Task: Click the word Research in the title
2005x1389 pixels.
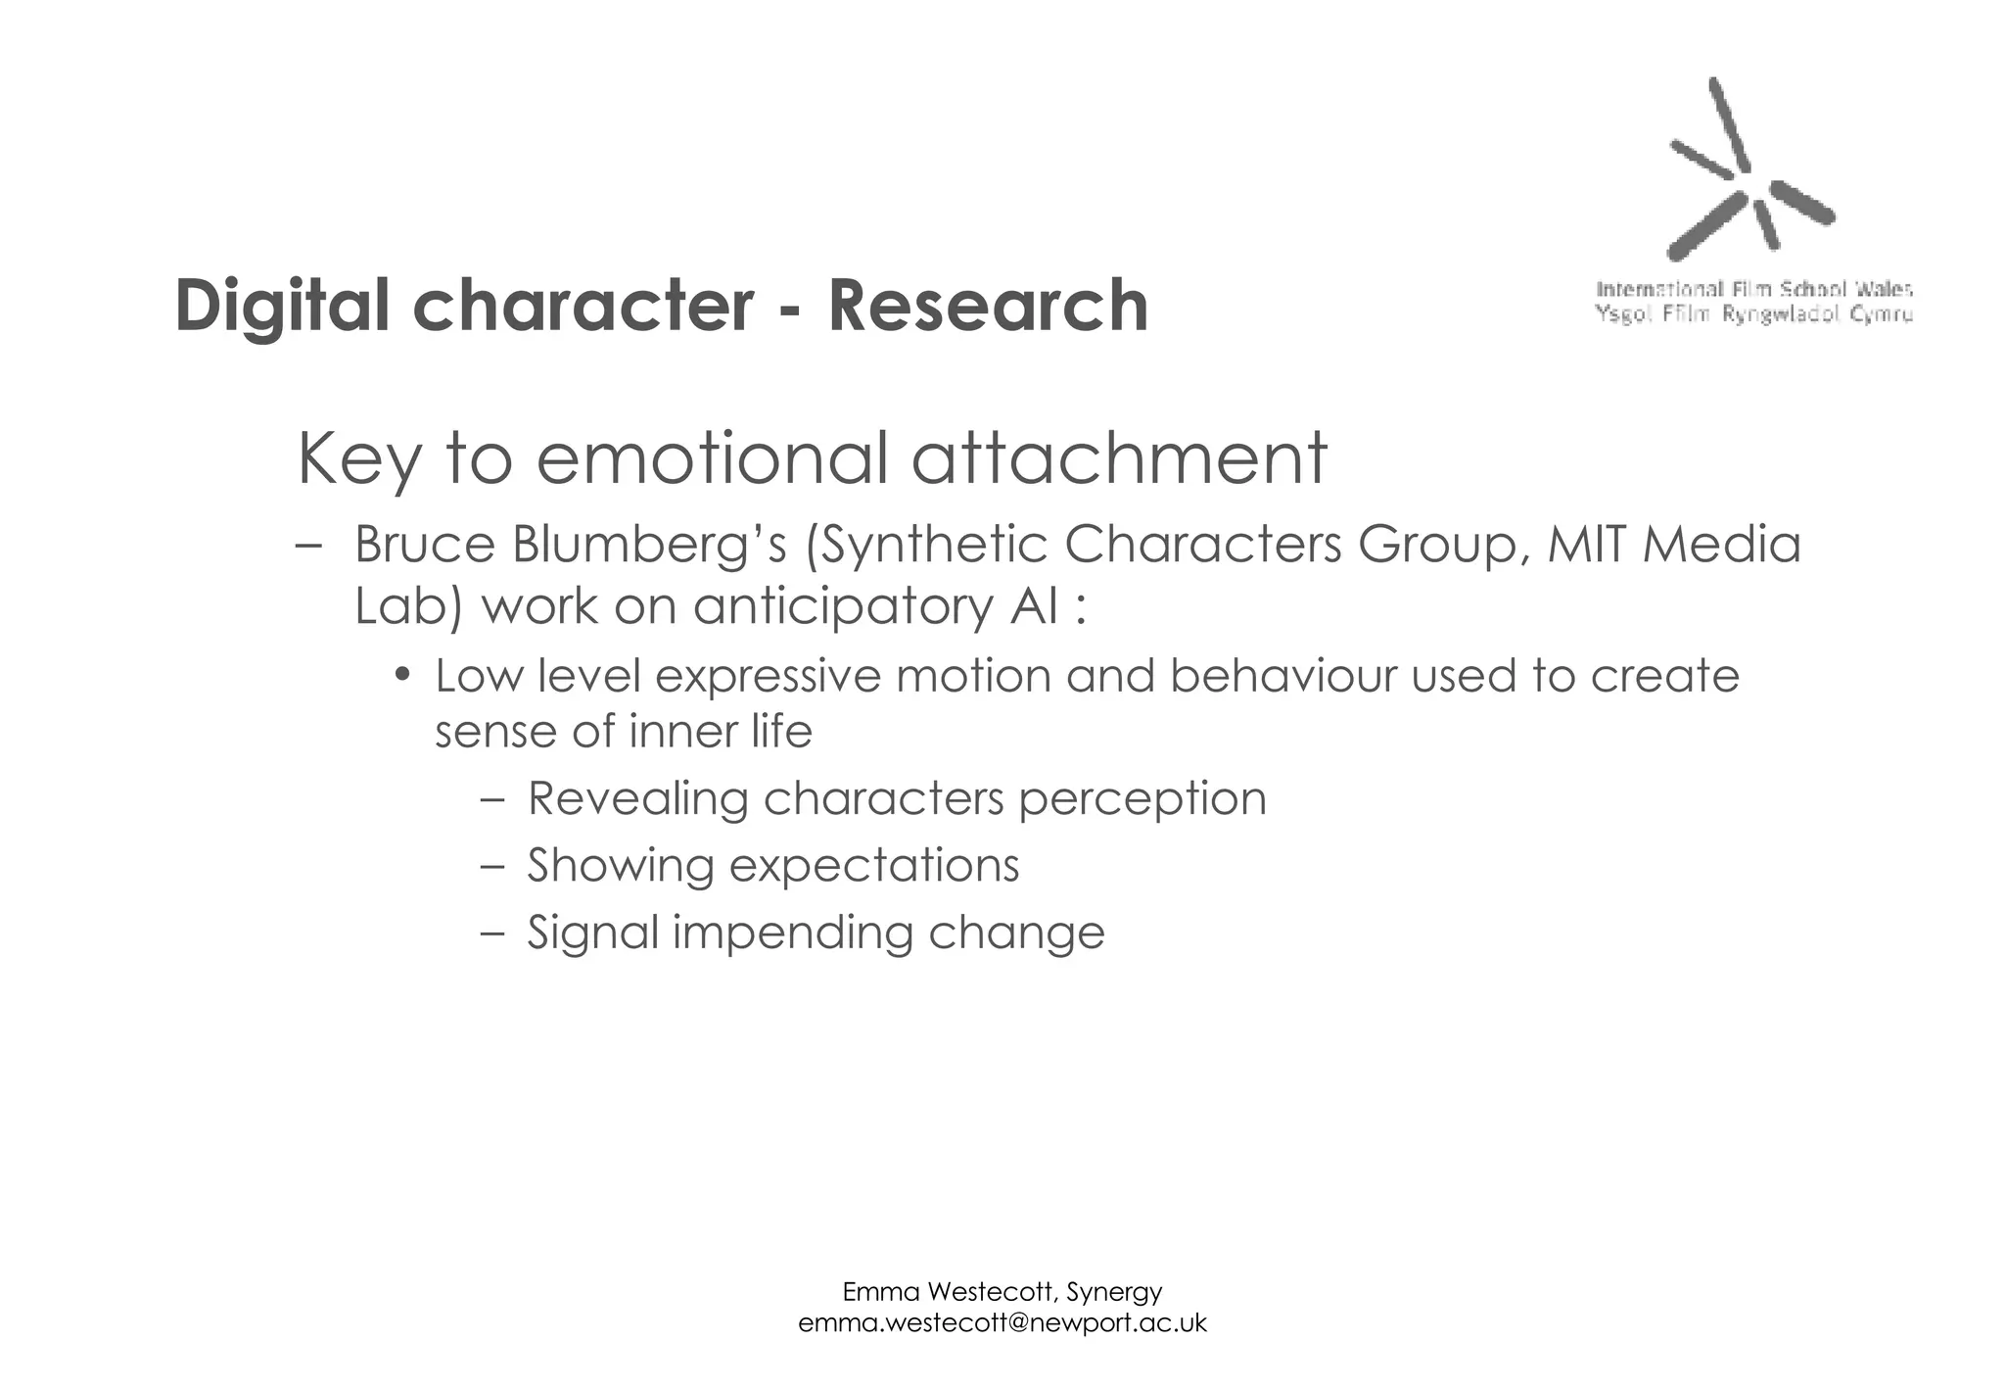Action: [x=988, y=306]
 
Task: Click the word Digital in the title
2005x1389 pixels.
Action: [x=282, y=306]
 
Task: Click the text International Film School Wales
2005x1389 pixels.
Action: [x=1754, y=289]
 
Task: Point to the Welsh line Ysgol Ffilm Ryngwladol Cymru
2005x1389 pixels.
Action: [x=1754, y=314]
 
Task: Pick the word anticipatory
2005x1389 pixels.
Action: [x=843, y=606]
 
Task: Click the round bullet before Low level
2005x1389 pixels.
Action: [x=401, y=676]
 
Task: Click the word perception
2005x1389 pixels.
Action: [x=1142, y=798]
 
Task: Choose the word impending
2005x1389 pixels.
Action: [x=792, y=932]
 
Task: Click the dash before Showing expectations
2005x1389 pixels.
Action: [x=492, y=866]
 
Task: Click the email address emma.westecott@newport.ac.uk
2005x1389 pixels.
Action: [x=1002, y=1323]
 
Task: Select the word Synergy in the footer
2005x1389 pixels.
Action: [x=1114, y=1292]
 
